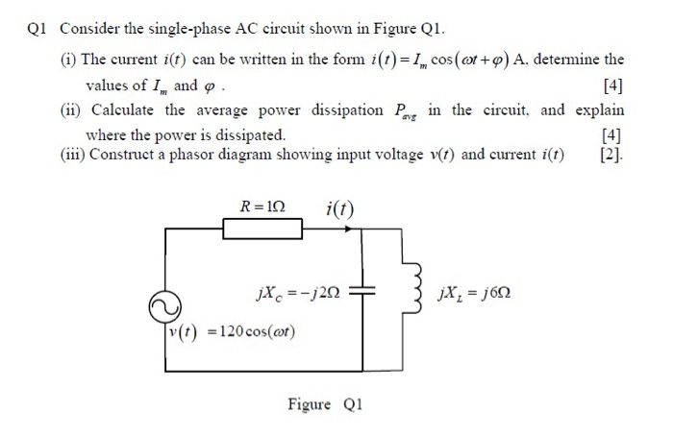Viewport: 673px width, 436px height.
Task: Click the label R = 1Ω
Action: pos(265,204)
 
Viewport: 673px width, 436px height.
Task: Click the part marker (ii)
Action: pos(69,109)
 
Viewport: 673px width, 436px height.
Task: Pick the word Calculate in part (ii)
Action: pos(121,109)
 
